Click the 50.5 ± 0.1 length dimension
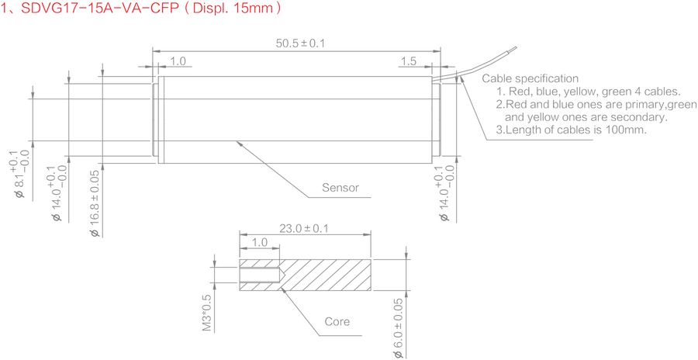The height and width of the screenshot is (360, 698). coord(300,43)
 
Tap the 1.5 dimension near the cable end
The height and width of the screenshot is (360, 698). coord(409,61)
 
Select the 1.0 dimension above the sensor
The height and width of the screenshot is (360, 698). coord(178,61)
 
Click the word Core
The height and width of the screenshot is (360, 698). coord(337,322)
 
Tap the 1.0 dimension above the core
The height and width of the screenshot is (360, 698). coord(259,243)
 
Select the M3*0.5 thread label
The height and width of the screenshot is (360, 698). coord(207,313)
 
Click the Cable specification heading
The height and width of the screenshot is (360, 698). coord(530,79)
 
